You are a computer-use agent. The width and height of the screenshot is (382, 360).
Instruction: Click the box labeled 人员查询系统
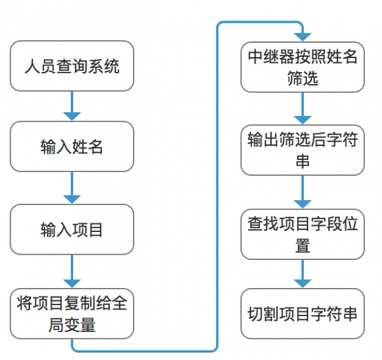click(72, 66)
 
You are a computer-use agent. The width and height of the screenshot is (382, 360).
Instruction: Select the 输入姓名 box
click(72, 147)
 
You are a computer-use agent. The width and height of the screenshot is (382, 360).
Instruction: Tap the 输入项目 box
click(72, 229)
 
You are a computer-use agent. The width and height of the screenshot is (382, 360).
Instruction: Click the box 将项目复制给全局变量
click(72, 313)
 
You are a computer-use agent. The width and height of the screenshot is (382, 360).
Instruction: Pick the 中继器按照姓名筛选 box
click(302, 67)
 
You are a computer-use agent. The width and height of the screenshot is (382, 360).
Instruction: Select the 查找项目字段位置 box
click(302, 233)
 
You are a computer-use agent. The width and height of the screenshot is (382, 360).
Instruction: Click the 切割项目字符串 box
click(302, 313)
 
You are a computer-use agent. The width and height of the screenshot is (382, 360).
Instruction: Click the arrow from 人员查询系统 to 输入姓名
click(72, 106)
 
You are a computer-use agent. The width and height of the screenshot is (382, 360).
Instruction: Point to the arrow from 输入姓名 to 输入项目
click(72, 187)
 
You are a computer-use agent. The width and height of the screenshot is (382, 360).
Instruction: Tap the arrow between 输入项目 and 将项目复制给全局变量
click(72, 270)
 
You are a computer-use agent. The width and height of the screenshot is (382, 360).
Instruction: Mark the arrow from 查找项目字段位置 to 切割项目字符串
click(302, 274)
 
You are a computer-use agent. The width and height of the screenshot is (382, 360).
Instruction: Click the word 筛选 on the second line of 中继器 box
click(302, 79)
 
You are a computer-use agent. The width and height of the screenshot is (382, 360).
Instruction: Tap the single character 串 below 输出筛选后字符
click(302, 161)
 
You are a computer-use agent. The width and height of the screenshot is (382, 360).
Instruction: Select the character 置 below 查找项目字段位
click(302, 245)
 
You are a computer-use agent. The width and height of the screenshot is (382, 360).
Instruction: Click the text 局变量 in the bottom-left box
click(72, 324)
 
